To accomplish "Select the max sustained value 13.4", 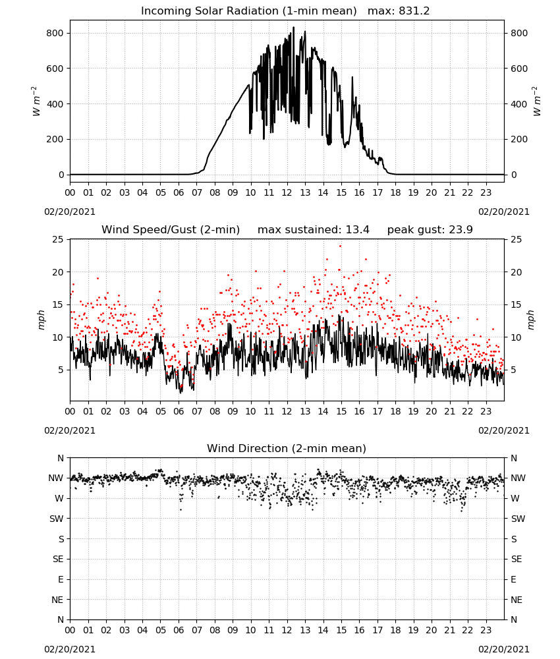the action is pos(358,230).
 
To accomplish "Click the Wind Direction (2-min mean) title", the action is pos(287,448).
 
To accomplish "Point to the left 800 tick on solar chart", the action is pos(55,33).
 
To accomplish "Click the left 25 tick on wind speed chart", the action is pos(58,240).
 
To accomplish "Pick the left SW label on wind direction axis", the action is pos(56,519).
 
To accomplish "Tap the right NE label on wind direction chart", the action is pos(517,600).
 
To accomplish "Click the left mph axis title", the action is pos(41,320).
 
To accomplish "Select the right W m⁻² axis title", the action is pos(537,101).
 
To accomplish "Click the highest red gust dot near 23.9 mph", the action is pos(341,246).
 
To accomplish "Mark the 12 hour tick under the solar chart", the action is pos(287,193).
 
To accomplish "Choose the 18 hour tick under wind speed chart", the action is pos(395,411).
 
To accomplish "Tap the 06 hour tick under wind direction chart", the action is pos(179,630).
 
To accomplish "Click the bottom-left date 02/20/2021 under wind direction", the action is pos(70,649).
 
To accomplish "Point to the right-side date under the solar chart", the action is pos(504,212).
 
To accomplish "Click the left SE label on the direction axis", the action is pos(58,559).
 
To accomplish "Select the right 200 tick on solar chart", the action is pos(519,139).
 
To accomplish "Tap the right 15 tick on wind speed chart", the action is pos(517,304).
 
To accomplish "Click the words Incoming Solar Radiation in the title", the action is pos(210,11).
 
